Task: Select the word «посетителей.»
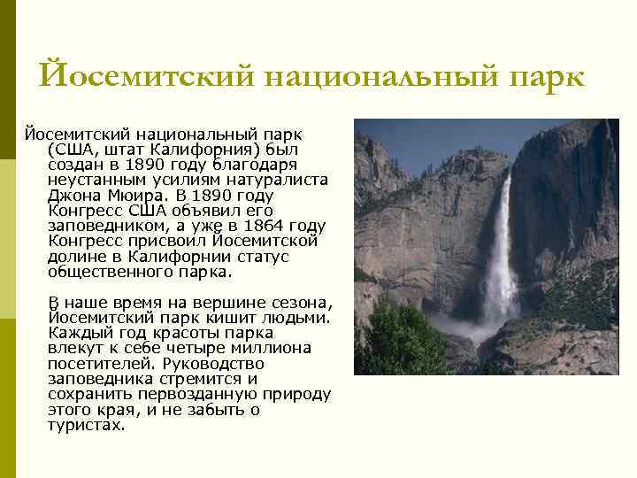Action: [x=97, y=363]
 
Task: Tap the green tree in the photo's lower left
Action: [x=403, y=341]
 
